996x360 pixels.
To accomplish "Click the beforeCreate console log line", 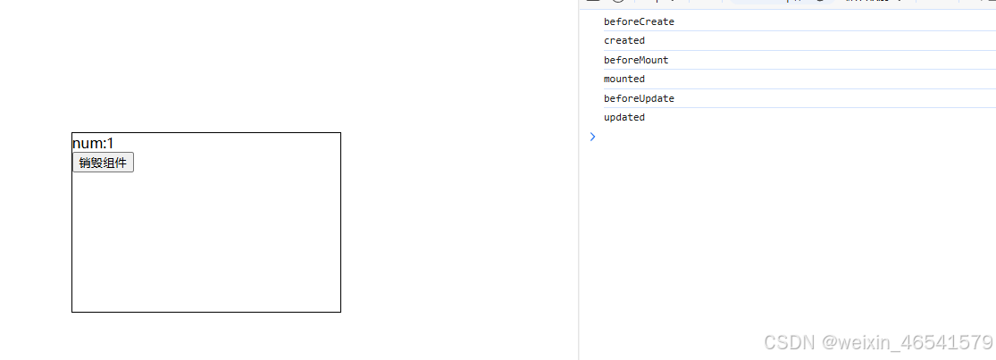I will tap(639, 21).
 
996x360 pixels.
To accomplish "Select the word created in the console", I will tap(624, 40).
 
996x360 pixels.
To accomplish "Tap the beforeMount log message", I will tap(636, 60).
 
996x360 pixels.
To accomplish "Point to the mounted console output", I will tap(624, 79).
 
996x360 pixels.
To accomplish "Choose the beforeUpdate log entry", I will tap(639, 98).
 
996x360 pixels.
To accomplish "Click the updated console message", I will tap(624, 117).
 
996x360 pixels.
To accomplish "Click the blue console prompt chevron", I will tap(591, 137).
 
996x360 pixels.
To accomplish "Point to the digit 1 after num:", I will tap(110, 144).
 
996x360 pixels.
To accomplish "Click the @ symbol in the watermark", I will tap(830, 342).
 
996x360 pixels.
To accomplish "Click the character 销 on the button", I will tap(84, 163).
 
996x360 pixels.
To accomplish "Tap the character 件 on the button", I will tap(121, 163).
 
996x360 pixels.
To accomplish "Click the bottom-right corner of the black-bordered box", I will tap(340, 312).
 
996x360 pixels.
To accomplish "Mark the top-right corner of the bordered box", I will tap(340, 133).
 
